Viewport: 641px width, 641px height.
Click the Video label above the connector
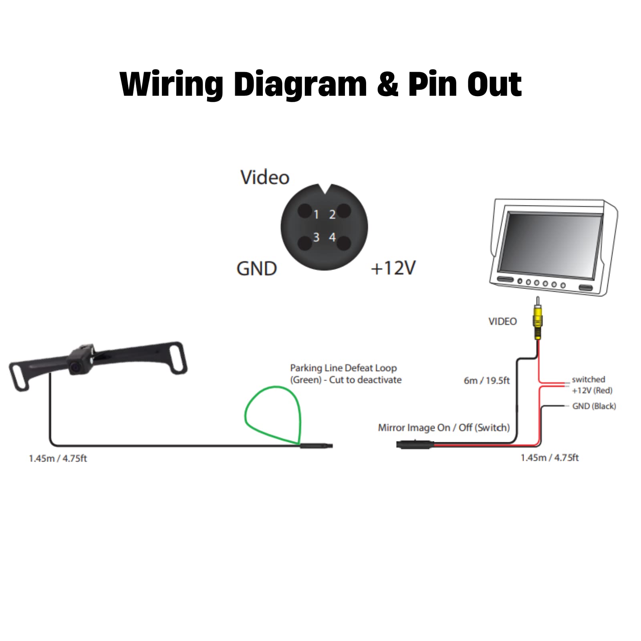coord(264,177)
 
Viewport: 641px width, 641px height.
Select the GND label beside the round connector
coord(256,268)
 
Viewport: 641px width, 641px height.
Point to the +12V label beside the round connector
coord(393,268)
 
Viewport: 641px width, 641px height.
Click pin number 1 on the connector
coord(316,215)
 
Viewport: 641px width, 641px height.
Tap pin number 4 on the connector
coord(332,238)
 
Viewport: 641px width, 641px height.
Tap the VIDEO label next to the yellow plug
coord(502,321)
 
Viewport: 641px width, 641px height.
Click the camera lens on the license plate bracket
coord(75,367)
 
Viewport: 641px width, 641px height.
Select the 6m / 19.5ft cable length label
coord(486,381)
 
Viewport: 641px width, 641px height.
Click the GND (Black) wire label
coord(594,406)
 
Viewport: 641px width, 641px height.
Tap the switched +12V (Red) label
coord(591,385)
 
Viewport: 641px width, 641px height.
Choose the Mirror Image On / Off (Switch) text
coord(443,428)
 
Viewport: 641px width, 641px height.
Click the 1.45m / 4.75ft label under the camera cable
coord(58,458)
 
